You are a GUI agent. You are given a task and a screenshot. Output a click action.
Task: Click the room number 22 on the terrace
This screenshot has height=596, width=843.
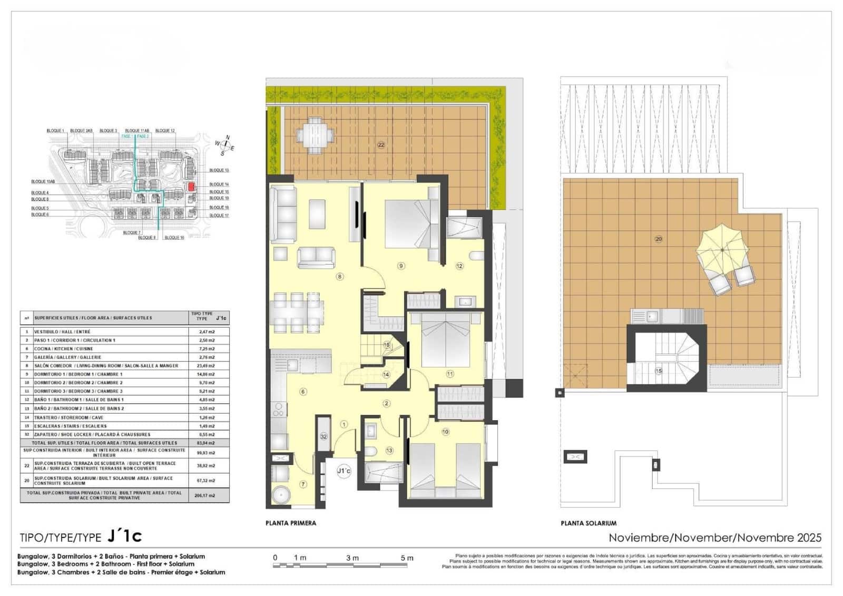click(381, 145)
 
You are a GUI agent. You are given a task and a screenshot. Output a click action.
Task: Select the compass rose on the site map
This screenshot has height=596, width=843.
click(225, 145)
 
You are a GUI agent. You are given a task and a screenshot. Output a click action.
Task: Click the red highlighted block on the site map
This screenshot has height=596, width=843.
click(192, 187)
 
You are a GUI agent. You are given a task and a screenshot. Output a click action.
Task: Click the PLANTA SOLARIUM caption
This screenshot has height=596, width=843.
click(589, 523)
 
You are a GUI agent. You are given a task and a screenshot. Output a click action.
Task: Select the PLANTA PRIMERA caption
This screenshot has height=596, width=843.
click(291, 523)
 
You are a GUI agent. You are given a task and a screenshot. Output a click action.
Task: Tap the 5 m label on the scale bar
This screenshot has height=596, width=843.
click(407, 558)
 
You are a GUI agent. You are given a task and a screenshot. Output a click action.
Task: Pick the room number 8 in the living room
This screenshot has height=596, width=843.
click(340, 277)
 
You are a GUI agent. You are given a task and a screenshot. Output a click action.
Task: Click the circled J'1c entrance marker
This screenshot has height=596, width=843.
click(344, 471)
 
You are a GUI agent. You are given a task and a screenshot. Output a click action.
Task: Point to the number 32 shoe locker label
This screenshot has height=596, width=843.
click(324, 436)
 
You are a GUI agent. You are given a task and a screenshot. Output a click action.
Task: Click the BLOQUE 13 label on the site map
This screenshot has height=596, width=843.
click(219, 170)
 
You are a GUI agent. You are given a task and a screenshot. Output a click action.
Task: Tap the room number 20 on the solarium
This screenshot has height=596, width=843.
click(658, 239)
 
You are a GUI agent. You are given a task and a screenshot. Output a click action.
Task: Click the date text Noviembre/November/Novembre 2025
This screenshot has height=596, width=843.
click(715, 538)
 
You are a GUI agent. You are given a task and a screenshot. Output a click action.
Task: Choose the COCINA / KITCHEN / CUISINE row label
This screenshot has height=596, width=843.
click(63, 349)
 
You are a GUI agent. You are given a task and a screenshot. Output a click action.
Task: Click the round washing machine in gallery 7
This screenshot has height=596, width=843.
click(281, 495)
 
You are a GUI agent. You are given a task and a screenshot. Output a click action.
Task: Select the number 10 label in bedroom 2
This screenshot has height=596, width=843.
click(445, 432)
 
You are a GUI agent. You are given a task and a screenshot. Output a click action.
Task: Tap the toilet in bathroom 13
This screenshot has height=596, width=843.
click(370, 451)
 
